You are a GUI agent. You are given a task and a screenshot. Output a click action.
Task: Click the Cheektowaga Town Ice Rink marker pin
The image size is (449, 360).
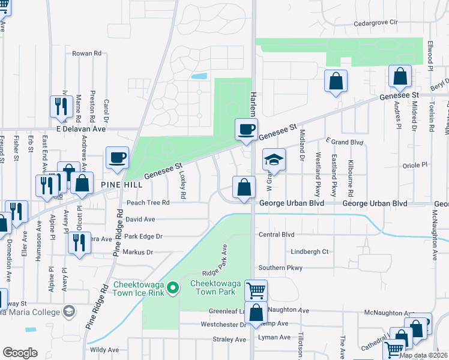(x=173, y=289)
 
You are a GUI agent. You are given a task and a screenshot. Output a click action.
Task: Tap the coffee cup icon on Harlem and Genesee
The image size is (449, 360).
(x=245, y=130)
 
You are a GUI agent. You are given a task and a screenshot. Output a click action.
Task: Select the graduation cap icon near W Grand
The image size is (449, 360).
(x=273, y=160)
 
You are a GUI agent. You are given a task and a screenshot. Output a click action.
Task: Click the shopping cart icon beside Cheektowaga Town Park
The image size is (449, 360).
(x=256, y=291)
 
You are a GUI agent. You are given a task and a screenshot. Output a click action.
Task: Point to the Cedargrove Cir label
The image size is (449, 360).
(x=376, y=22)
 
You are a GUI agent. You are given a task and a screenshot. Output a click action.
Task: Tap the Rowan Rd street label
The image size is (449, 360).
(x=86, y=53)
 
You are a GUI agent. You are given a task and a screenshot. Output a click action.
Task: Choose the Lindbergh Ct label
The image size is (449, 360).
(x=309, y=252)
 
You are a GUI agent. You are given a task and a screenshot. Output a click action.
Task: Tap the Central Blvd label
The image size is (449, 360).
(x=276, y=235)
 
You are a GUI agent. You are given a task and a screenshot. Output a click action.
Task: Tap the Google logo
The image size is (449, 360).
(x=20, y=353)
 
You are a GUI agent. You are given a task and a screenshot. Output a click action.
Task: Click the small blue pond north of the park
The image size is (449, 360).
(x=199, y=77)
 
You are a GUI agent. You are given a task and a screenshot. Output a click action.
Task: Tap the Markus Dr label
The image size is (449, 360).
(x=138, y=253)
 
